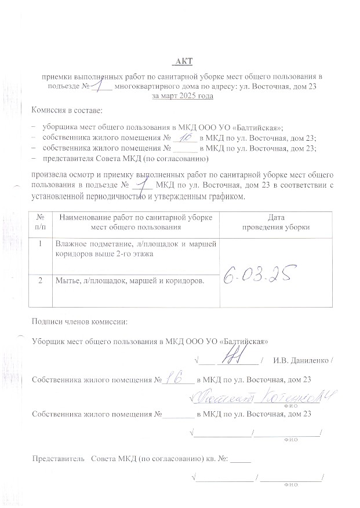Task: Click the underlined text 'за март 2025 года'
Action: click(182, 96)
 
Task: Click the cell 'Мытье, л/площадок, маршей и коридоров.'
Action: click(129, 281)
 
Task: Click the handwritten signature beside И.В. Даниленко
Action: click(237, 359)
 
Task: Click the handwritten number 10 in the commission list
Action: click(185, 137)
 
